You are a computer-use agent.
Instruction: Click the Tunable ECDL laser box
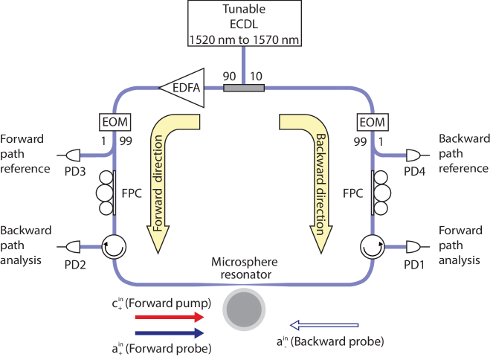tap(244, 23)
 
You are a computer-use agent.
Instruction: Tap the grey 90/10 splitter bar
tap(244, 88)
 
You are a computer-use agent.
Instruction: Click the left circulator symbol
tap(114, 245)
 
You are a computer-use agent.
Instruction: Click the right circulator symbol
tap(370, 245)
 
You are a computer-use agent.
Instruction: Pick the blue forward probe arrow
tap(168, 332)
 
